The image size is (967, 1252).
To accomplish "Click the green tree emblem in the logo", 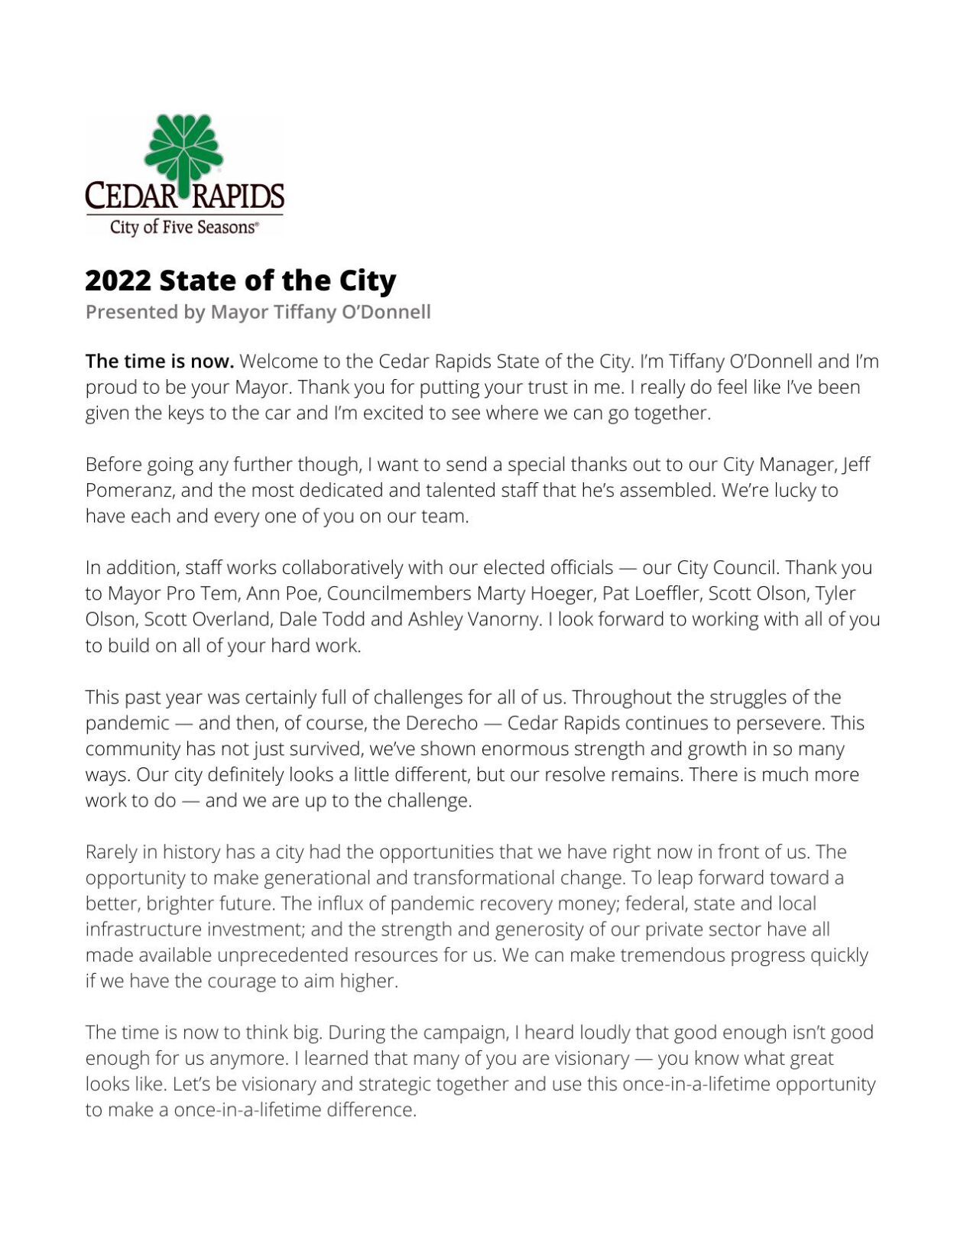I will click(183, 150).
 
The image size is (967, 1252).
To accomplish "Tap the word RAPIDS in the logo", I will click(238, 197).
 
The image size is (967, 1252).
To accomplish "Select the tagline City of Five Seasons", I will click(183, 227).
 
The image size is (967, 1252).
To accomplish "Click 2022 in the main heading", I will click(118, 281).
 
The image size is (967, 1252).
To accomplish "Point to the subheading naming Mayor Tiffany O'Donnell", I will click(258, 312).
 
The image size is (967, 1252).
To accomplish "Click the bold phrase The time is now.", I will click(159, 361).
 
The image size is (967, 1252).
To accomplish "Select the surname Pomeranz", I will click(128, 490).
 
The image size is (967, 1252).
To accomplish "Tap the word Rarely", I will click(111, 851).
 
